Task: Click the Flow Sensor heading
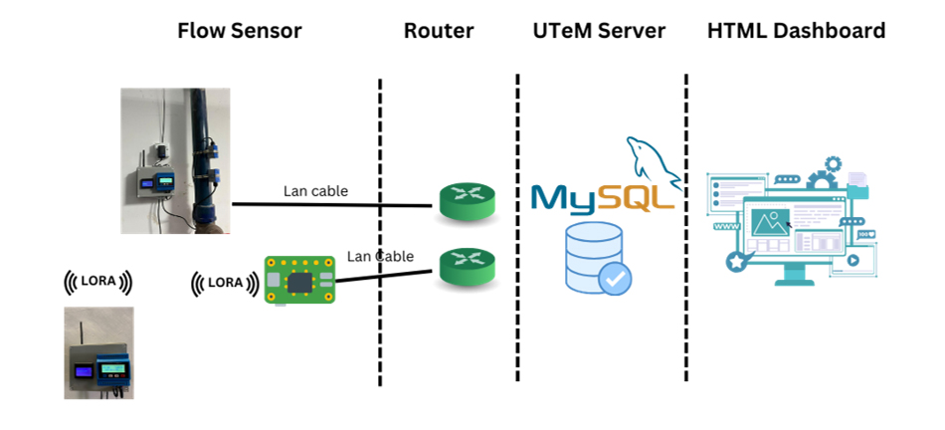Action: coord(239,31)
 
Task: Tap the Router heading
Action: coord(439,31)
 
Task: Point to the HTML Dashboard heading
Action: coord(796,31)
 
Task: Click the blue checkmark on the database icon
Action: coord(614,279)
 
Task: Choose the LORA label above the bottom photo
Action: coord(97,283)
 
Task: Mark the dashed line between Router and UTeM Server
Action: coord(517,229)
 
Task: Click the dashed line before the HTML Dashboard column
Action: coord(686,229)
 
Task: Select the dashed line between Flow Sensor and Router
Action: coord(380,229)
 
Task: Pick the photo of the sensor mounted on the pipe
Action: coord(175,160)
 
